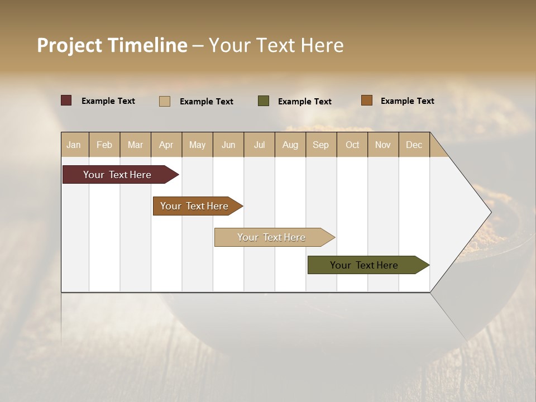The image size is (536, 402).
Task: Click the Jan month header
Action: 74,145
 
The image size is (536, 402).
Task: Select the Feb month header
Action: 104,145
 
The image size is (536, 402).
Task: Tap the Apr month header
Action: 166,145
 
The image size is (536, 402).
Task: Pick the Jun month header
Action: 228,145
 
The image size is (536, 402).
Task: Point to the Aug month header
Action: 290,145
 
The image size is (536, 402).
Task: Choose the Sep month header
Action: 321,145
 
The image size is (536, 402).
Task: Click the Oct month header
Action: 352,145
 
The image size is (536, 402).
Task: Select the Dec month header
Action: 414,145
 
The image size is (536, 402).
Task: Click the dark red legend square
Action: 66,100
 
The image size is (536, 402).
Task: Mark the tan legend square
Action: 165,101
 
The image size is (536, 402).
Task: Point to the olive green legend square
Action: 264,101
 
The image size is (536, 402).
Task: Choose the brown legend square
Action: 367,100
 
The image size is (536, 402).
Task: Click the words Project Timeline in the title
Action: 112,45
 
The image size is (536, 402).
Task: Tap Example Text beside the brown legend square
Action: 407,101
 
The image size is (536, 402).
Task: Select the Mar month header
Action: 136,145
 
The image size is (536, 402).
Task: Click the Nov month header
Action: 383,145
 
